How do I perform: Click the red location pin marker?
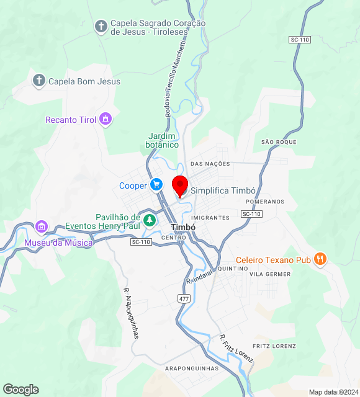[x=180, y=185]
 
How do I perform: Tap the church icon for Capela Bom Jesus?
[x=39, y=81]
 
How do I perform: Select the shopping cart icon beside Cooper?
[x=156, y=185]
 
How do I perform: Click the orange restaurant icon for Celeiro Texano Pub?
[x=320, y=259]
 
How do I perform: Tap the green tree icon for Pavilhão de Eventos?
[x=149, y=220]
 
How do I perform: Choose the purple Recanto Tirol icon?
[x=106, y=119]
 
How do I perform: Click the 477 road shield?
[x=184, y=298]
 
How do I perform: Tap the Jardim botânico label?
[x=163, y=140]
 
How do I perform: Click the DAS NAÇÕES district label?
[x=210, y=164]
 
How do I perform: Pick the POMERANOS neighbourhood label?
[x=265, y=202]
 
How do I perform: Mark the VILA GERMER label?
[x=270, y=274]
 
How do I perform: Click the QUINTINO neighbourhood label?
[x=233, y=269]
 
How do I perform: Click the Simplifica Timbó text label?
[x=223, y=191]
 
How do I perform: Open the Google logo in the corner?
[x=20, y=390]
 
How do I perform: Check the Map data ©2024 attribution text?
[x=333, y=392]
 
